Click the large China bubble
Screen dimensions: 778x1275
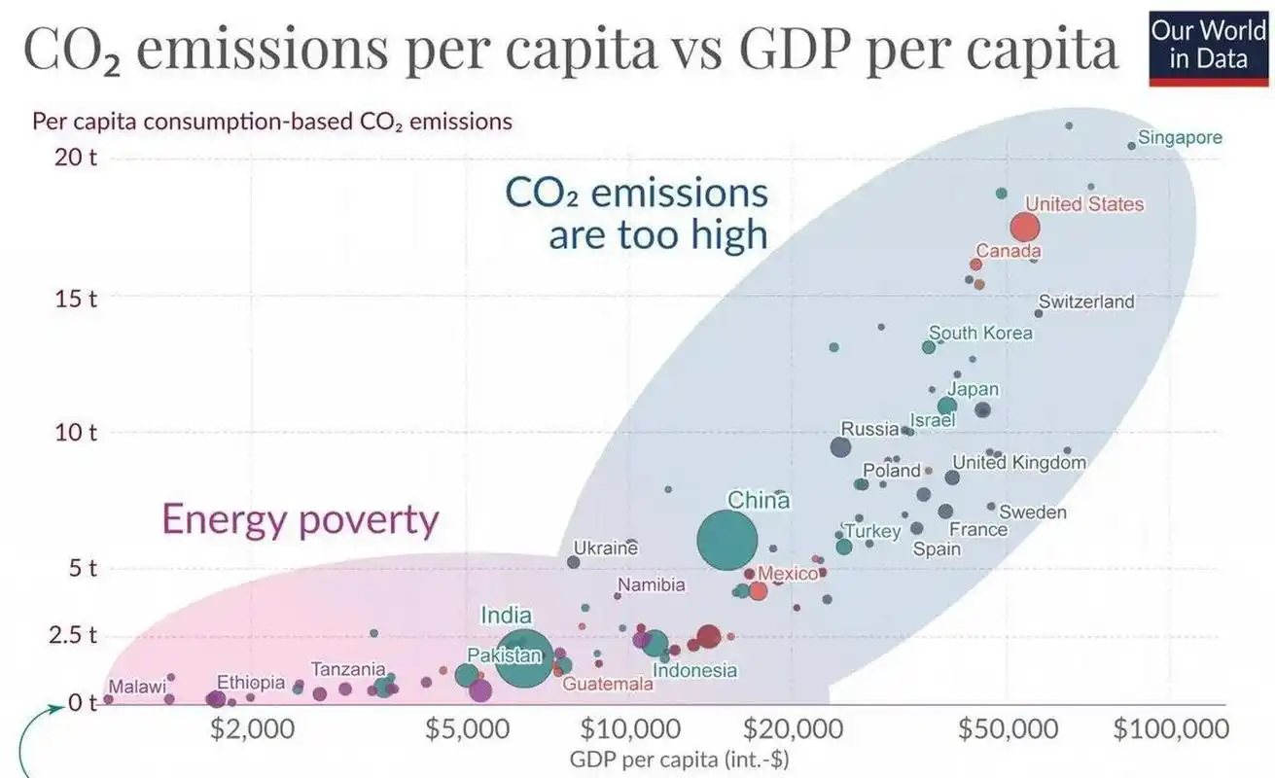tap(726, 541)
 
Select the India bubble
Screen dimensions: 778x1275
tap(524, 659)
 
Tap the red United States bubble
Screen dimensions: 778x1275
tap(1025, 228)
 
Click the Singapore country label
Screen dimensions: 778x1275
tap(1180, 138)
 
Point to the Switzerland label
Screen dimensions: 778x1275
tap(1086, 301)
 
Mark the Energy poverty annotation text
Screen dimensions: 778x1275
tap(300, 520)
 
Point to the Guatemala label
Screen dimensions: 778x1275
tap(608, 684)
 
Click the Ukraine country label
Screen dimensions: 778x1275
tap(605, 548)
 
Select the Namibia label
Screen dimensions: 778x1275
tap(652, 585)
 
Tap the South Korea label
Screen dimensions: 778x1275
tap(980, 334)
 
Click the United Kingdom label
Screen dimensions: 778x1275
tap(1018, 463)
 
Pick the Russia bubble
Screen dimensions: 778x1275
tap(841, 447)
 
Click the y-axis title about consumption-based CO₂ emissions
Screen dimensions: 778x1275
tap(272, 123)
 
